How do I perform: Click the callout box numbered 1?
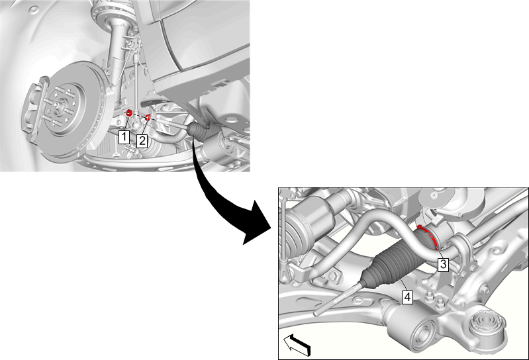(x=124, y=137)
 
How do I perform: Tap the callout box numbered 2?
(x=142, y=141)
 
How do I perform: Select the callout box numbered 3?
(x=444, y=264)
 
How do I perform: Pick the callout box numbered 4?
(x=408, y=297)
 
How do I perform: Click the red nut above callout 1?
(x=128, y=113)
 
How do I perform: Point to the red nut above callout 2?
(x=148, y=117)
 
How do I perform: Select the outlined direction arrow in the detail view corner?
(x=297, y=345)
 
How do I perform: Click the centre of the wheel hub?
(x=58, y=105)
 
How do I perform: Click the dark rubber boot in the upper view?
(x=201, y=132)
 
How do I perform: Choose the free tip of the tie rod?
(x=315, y=314)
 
